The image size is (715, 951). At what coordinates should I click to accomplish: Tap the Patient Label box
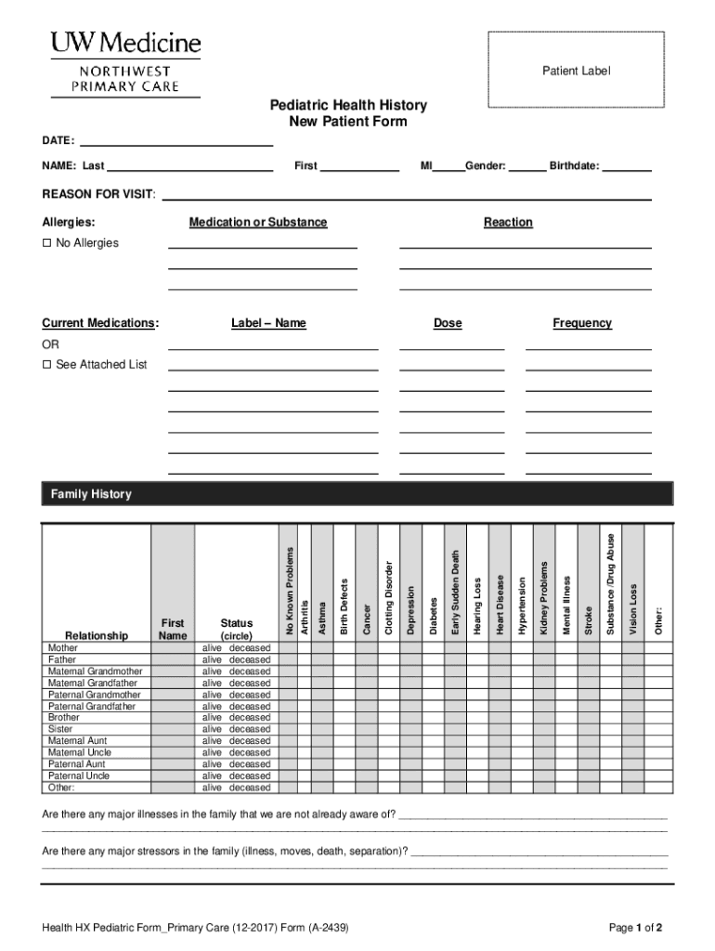click(x=576, y=71)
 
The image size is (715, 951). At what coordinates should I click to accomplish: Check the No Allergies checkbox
click(x=47, y=243)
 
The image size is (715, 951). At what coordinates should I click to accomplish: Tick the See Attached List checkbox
click(x=47, y=365)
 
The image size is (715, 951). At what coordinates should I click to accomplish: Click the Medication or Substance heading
click(x=258, y=223)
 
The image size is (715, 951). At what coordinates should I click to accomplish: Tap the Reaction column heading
click(x=508, y=223)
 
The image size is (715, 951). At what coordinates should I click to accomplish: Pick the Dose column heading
click(x=448, y=323)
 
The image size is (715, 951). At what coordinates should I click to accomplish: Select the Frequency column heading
click(x=582, y=323)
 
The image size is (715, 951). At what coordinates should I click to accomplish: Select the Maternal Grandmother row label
click(x=96, y=671)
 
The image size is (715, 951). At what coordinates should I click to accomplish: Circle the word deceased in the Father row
click(x=250, y=660)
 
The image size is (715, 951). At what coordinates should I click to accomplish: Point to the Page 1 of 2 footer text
click(x=635, y=928)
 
